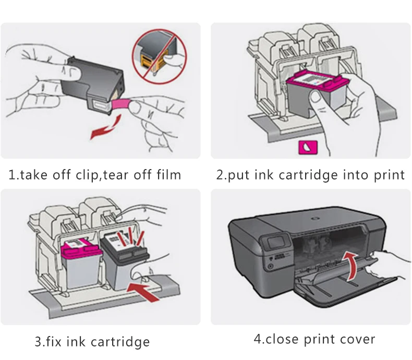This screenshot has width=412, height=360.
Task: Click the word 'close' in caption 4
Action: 285,339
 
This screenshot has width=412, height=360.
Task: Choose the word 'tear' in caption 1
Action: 118,175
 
